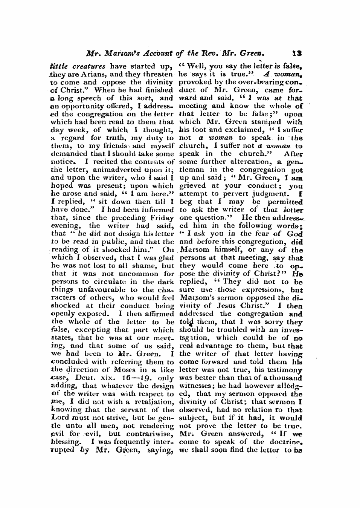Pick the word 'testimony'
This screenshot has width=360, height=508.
coord(283,370)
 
